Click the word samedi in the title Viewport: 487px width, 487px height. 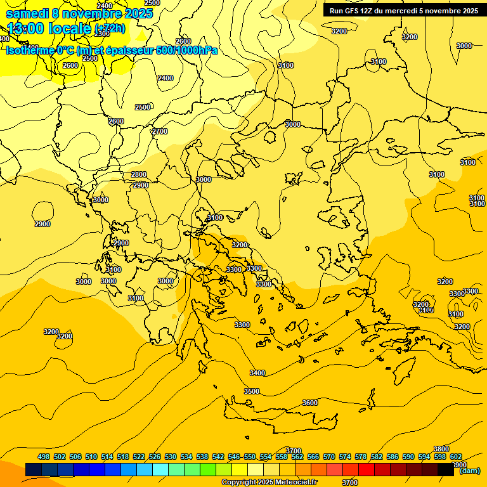pos(27,13)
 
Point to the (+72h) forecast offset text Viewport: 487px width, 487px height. pos(110,29)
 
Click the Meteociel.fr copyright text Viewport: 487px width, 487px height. pos(283,483)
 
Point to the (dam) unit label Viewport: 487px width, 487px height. pos(469,471)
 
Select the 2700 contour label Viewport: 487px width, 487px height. pos(160,131)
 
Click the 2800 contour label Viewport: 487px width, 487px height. pos(138,174)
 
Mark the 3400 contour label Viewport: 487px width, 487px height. pos(257,373)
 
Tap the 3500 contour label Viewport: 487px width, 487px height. pos(252,391)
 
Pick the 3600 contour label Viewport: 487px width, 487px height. pos(310,403)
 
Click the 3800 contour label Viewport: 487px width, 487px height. pos(441,449)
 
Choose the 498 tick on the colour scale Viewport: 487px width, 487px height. pos(44,457)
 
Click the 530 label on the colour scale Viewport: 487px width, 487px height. pos(171,457)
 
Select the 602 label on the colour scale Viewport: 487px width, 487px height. pos(456,457)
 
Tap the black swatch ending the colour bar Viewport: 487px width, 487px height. pos(446,470)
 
